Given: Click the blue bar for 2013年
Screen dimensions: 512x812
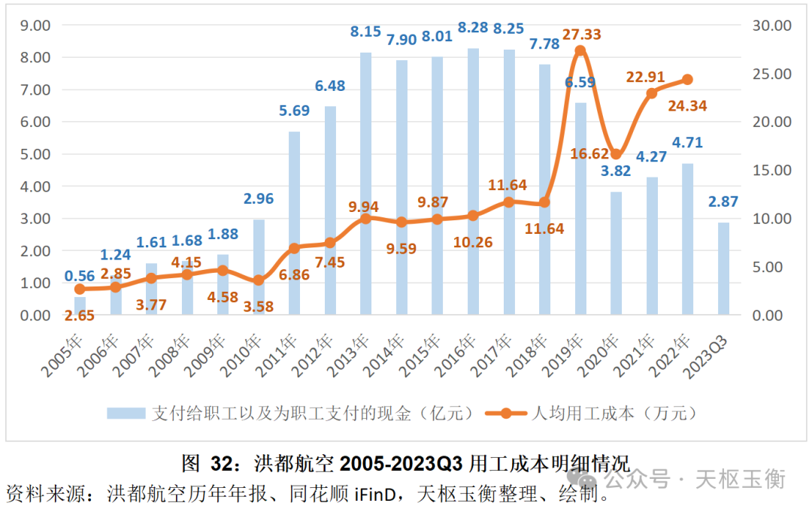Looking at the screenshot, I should pos(365,183).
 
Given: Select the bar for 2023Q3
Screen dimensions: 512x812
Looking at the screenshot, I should pos(723,268).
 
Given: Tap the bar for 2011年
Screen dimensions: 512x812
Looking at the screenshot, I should pos(294,223).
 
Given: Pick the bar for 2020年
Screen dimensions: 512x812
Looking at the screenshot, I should pos(616,253).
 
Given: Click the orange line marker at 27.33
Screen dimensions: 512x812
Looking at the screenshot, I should pos(580,51).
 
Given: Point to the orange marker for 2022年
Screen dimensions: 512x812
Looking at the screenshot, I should pos(687,80).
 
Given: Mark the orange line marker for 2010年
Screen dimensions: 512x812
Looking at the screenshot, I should pos(259,280).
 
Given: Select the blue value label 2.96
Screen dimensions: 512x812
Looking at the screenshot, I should pos(258,199).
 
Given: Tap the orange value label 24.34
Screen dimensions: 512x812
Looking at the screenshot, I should pos(687,106).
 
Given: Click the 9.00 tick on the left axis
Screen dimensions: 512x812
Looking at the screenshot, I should pos(34,25).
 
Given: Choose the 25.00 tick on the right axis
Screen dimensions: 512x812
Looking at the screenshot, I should pos(771,74).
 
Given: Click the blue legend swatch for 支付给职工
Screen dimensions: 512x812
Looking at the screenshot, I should pos(126,413).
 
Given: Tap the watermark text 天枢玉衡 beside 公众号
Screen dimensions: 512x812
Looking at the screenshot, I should pos(741,478).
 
